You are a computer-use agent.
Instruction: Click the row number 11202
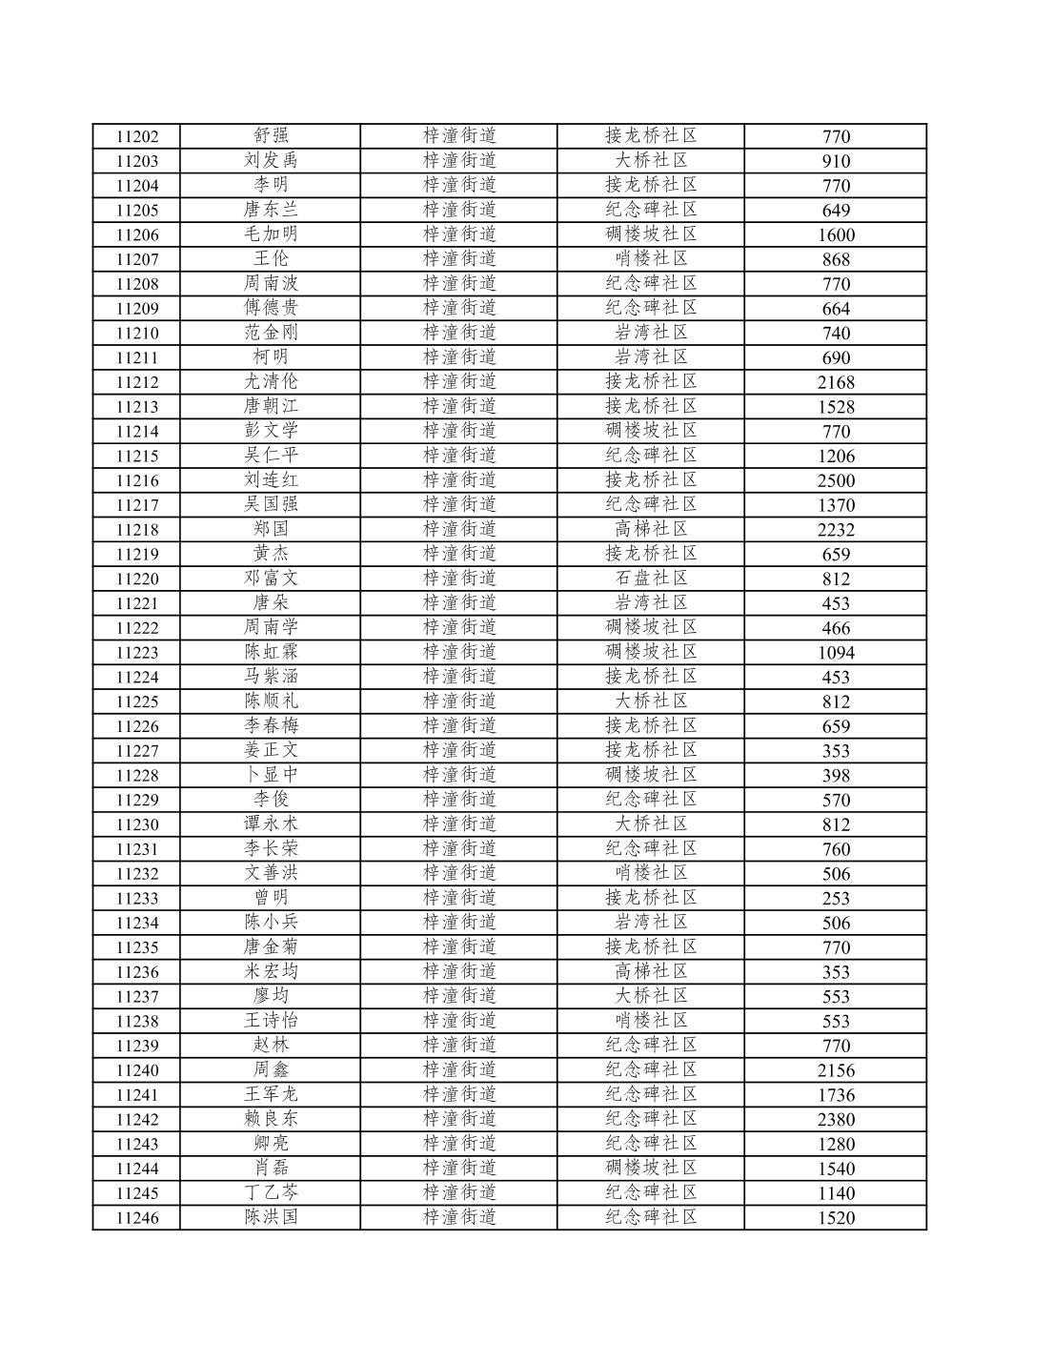[137, 136]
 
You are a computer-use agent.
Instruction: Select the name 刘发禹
[271, 160]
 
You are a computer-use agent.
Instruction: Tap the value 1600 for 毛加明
[836, 234]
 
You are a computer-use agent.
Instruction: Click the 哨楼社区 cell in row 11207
[651, 258]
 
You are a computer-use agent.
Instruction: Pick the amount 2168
[836, 382]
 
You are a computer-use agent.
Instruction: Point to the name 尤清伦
[271, 381]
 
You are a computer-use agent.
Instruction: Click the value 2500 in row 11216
[836, 480]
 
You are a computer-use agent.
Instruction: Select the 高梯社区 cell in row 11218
[651, 529]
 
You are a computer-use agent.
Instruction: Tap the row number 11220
[137, 579]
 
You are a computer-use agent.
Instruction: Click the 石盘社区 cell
[651, 579]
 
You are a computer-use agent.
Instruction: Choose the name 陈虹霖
[271, 652]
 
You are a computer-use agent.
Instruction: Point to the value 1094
[836, 653]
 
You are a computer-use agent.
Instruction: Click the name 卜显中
[271, 775]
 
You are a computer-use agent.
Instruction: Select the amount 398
[836, 776]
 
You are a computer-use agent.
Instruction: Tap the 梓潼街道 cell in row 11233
[459, 898]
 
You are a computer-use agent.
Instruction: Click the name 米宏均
[271, 971]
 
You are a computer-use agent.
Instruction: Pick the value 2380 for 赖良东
[836, 1120]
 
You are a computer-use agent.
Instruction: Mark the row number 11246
[137, 1217]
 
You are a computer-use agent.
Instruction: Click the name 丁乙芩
[271, 1192]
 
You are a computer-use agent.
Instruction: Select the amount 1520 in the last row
[836, 1218]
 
